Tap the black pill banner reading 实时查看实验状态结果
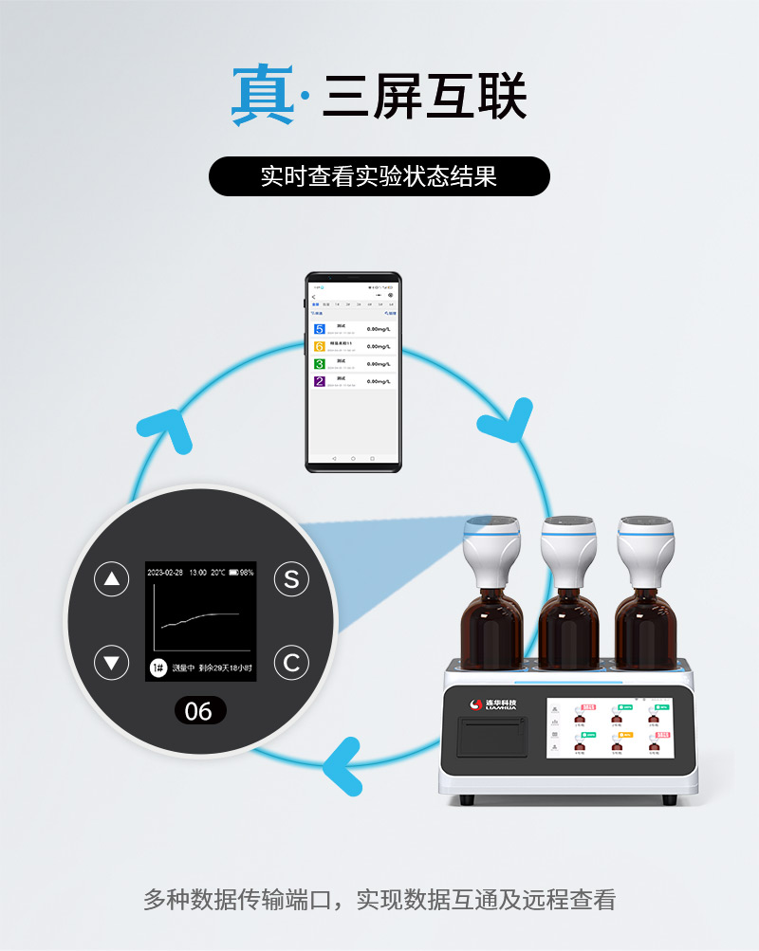[x=379, y=176]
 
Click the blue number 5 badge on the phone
[x=319, y=329]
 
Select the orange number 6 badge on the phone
[x=319, y=346]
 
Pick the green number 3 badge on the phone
[x=319, y=363]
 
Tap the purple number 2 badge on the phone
[x=319, y=381]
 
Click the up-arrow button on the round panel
[x=112, y=580]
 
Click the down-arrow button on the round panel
[x=112, y=663]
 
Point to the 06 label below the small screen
[x=198, y=710]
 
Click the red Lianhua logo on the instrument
[x=477, y=704]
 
